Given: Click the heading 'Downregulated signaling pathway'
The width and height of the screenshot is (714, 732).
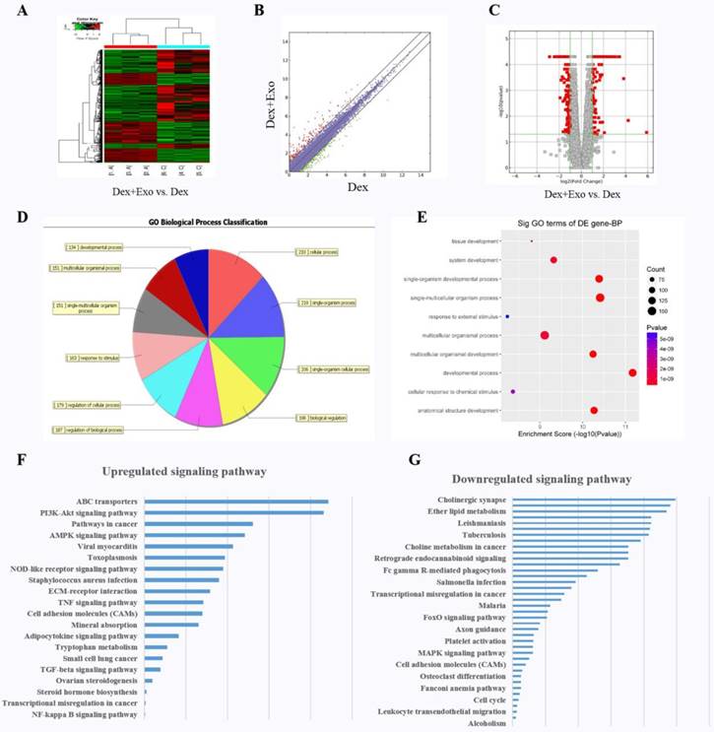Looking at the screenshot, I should click(541, 479).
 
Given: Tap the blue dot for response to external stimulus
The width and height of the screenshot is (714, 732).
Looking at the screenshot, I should click(507, 316).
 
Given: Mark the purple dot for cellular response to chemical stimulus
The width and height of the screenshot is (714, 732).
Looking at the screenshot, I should click(513, 391).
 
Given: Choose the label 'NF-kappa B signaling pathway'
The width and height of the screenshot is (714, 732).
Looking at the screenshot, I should click(84, 714).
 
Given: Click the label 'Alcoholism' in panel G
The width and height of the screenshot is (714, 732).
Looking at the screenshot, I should click(480, 722).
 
